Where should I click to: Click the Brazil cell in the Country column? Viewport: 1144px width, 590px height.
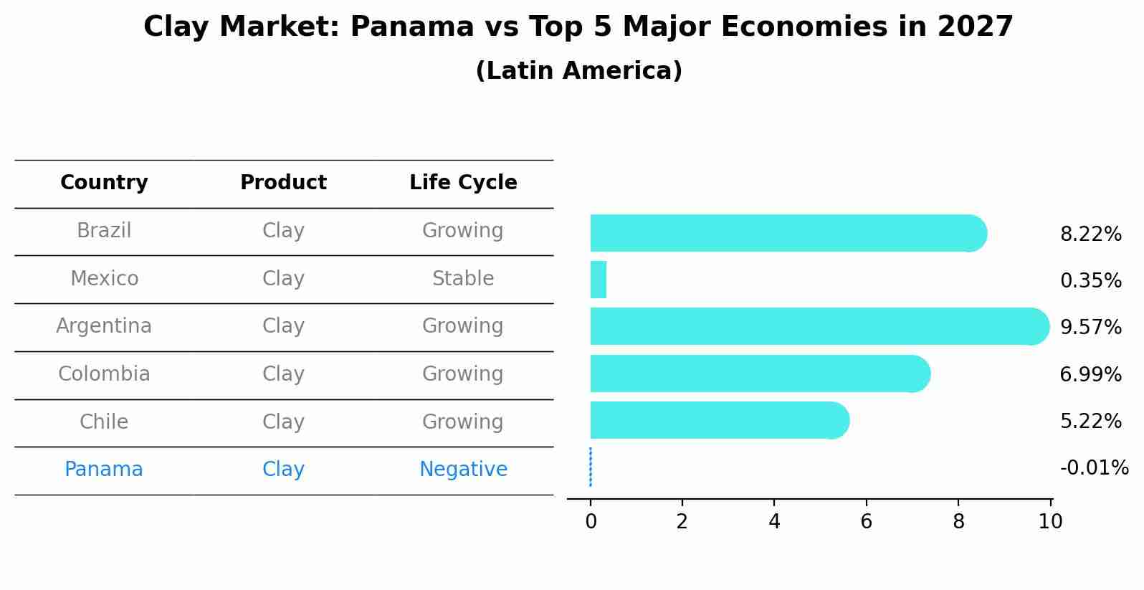coord(104,231)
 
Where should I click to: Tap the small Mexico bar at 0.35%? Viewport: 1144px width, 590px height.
coord(599,280)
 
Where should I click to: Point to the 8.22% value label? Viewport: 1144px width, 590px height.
coord(1090,234)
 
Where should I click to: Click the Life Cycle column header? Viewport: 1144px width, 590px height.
coord(463,183)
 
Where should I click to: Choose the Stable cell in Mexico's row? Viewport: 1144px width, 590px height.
coord(463,279)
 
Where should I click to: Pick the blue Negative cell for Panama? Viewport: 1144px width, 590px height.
coord(463,470)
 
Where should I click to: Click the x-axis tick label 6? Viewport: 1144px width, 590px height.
coord(866,522)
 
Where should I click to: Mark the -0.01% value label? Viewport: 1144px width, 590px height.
coord(1094,468)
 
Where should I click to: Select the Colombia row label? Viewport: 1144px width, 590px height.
coord(104,374)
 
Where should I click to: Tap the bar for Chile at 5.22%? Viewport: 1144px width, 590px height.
coord(717,420)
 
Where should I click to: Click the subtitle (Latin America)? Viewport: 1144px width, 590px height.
coord(578,71)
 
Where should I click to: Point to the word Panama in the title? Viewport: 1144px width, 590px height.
coord(412,27)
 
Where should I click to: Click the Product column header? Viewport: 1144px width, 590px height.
coord(283,183)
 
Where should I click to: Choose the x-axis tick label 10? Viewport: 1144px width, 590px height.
coord(1050,522)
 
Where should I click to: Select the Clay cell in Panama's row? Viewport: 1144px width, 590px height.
coord(283,470)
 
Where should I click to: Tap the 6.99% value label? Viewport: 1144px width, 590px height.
coord(1090,374)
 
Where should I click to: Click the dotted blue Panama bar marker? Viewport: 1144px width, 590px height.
coord(590,467)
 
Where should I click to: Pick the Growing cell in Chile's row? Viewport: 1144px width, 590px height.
coord(463,422)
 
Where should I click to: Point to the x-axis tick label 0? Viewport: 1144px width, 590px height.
coord(591,522)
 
